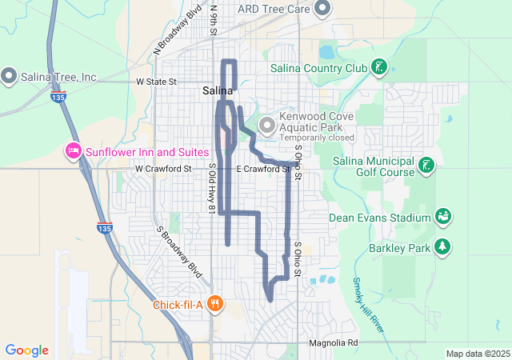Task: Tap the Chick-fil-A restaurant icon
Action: [x=214, y=304]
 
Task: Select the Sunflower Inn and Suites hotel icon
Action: [x=73, y=151]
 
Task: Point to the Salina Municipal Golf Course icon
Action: [x=428, y=166]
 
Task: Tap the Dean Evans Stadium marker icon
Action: [x=442, y=217]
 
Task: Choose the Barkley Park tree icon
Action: [x=441, y=247]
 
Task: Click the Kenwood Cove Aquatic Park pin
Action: [x=266, y=124]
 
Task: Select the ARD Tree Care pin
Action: [x=322, y=9]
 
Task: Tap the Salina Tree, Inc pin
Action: [x=10, y=77]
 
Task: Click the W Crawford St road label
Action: [x=164, y=170]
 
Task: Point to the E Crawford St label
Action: [x=262, y=170]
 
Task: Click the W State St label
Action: [x=156, y=82]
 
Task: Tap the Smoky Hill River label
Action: [x=368, y=306]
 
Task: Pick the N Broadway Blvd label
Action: [x=178, y=33]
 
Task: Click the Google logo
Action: [x=27, y=350]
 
